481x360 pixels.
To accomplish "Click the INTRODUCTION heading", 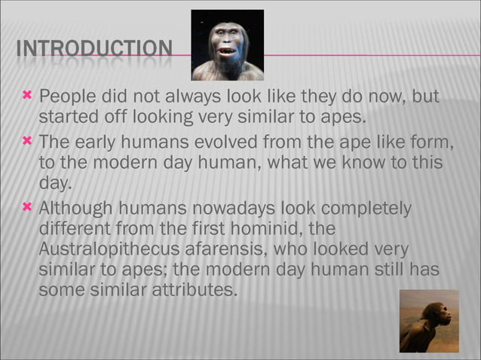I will click(93, 50).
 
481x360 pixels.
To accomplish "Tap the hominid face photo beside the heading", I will click(227, 44).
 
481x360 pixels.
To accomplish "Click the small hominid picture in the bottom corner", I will click(428, 321).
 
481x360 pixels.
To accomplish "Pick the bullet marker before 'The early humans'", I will click(27, 142).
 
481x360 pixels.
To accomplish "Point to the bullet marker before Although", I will click(27, 208).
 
